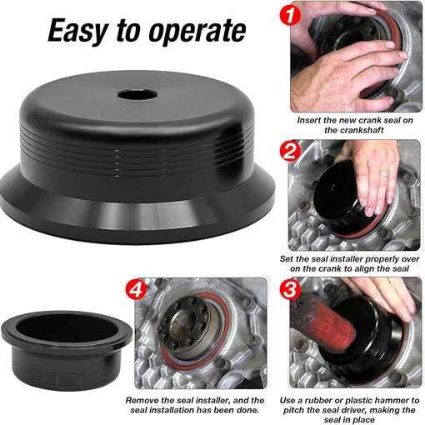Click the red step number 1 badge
(x=288, y=15)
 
